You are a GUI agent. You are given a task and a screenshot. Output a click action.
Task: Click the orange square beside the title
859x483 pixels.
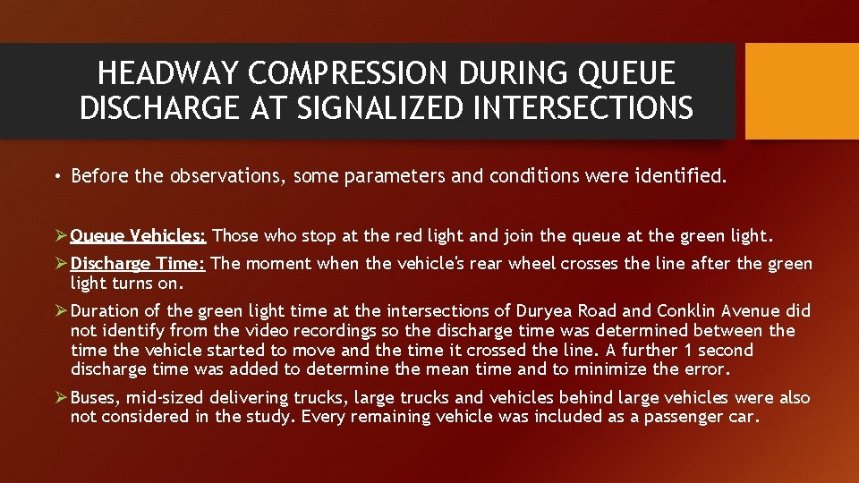pyautogui.click(x=802, y=91)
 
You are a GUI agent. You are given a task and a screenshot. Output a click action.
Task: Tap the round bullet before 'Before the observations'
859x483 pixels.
pyautogui.click(x=56, y=176)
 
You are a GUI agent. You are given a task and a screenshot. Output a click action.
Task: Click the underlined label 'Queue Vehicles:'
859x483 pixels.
pyautogui.click(x=139, y=236)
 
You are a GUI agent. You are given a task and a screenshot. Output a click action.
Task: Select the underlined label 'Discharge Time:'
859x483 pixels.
pyautogui.click(x=139, y=264)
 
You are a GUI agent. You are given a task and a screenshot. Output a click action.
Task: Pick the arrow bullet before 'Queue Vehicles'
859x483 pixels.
pyautogui.click(x=60, y=236)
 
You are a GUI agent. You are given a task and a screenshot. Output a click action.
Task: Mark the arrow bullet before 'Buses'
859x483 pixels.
pyautogui.click(x=60, y=398)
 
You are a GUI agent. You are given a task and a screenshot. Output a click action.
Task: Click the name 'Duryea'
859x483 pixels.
pyautogui.click(x=546, y=311)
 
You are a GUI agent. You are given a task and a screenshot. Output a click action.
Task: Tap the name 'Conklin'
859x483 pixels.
pyautogui.click(x=689, y=311)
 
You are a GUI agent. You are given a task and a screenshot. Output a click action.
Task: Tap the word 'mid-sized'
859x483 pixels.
pyautogui.click(x=168, y=398)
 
